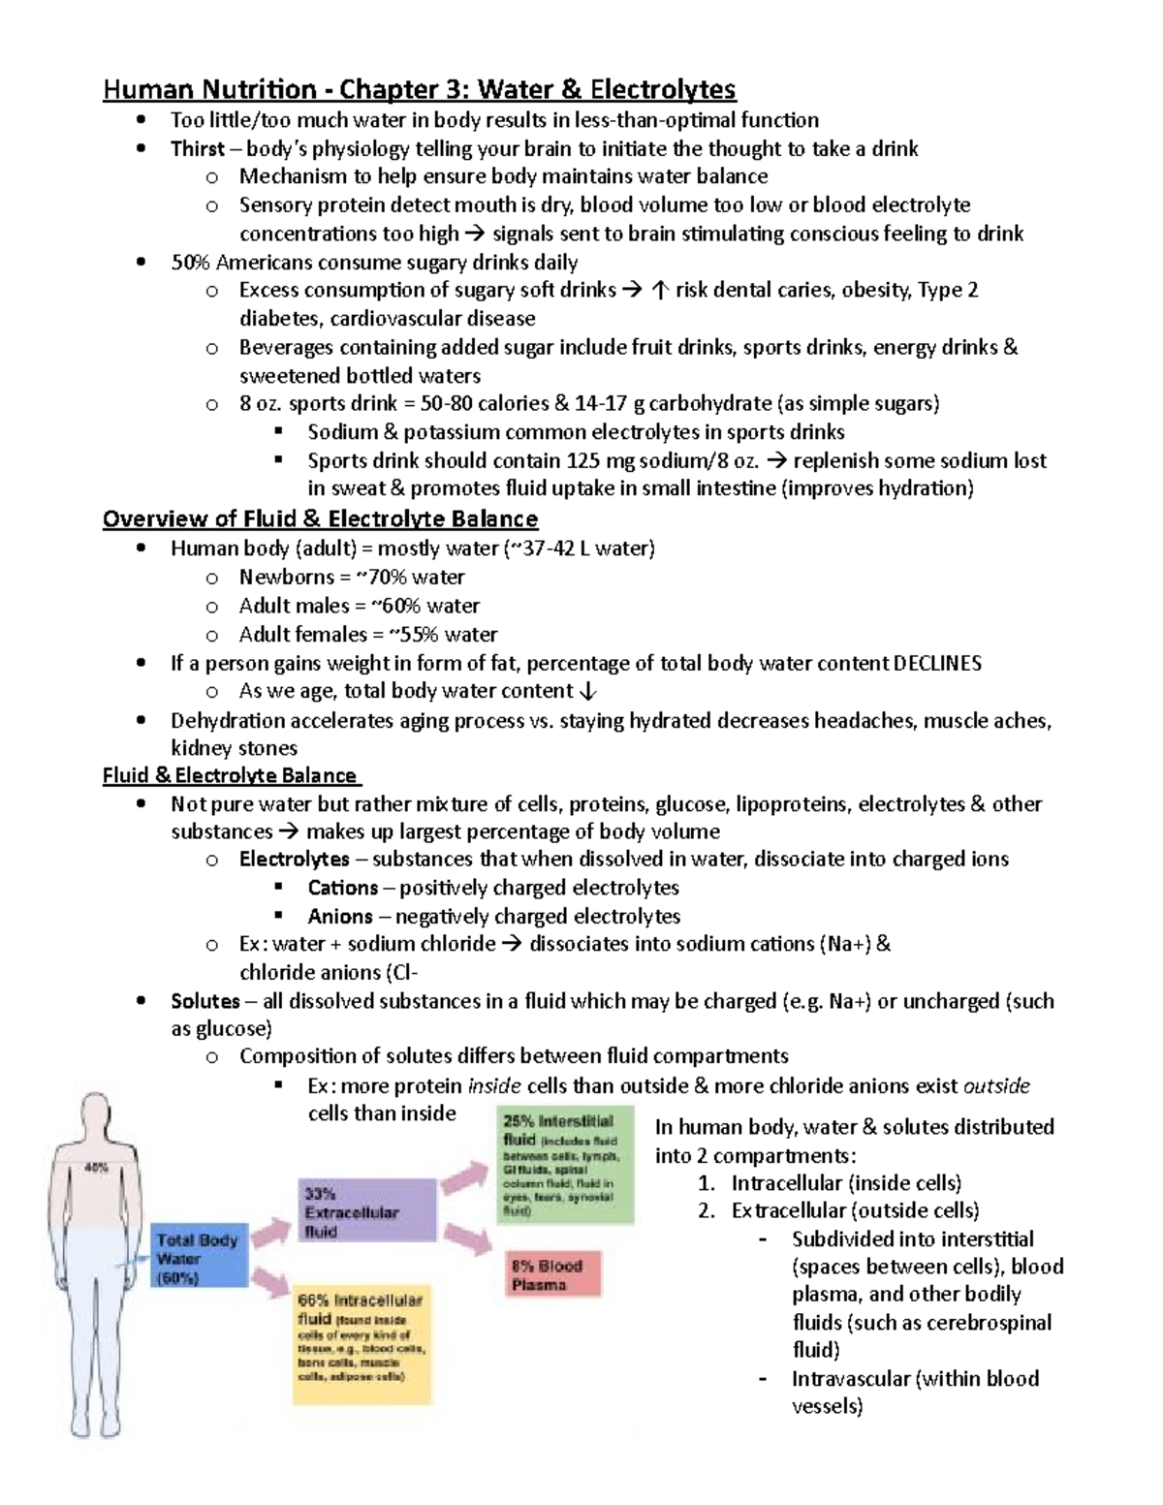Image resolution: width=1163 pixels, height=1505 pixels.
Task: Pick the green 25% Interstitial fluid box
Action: pyautogui.click(x=565, y=1164)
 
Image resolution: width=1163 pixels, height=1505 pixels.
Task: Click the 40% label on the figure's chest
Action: pyautogui.click(x=97, y=1169)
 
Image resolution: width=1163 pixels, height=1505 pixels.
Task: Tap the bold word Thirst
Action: pyautogui.click(x=198, y=148)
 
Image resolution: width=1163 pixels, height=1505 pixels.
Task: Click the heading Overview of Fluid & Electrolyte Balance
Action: pyautogui.click(x=320, y=518)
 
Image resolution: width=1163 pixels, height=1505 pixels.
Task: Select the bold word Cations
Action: pyautogui.click(x=342, y=888)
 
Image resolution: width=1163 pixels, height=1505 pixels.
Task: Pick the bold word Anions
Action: pyautogui.click(x=339, y=916)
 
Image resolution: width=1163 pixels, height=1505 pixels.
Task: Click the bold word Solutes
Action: pyautogui.click(x=205, y=1001)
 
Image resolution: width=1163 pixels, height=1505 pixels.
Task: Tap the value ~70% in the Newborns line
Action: pyautogui.click(x=382, y=578)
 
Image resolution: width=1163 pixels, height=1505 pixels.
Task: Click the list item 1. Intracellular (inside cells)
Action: pyautogui.click(x=830, y=1183)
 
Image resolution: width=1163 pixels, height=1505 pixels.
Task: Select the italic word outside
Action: pyautogui.click(x=996, y=1085)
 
